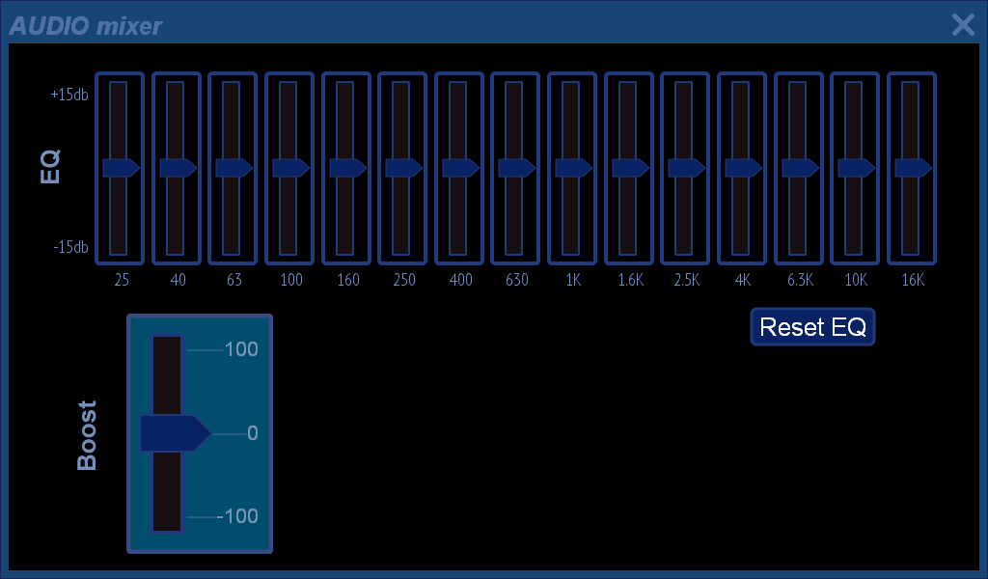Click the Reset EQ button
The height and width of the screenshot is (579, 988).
tap(812, 326)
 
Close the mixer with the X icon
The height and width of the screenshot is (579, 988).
tap(963, 25)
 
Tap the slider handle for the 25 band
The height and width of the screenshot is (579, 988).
tap(121, 168)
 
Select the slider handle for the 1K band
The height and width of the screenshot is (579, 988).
tap(573, 168)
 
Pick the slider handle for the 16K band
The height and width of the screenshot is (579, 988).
tap(913, 168)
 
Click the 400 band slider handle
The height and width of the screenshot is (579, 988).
tap(460, 168)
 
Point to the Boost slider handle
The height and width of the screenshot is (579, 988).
tap(176, 433)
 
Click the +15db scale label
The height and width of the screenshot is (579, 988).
tap(69, 95)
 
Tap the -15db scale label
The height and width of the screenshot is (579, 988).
tap(70, 247)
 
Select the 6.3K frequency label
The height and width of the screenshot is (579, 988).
tap(800, 280)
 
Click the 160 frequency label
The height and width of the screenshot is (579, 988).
tap(347, 280)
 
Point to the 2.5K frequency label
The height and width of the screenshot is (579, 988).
tap(687, 280)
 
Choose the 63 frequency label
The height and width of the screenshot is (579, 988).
tap(234, 280)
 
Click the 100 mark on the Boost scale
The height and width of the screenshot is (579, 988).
tap(241, 349)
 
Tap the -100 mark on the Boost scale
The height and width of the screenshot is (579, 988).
tap(237, 516)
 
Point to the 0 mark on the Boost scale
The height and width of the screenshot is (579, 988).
tap(253, 433)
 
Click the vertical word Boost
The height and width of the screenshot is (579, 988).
tap(87, 435)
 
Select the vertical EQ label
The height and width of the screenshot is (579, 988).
tap(50, 166)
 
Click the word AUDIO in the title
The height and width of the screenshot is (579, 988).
tap(49, 26)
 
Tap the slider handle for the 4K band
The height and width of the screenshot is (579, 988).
tap(744, 168)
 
